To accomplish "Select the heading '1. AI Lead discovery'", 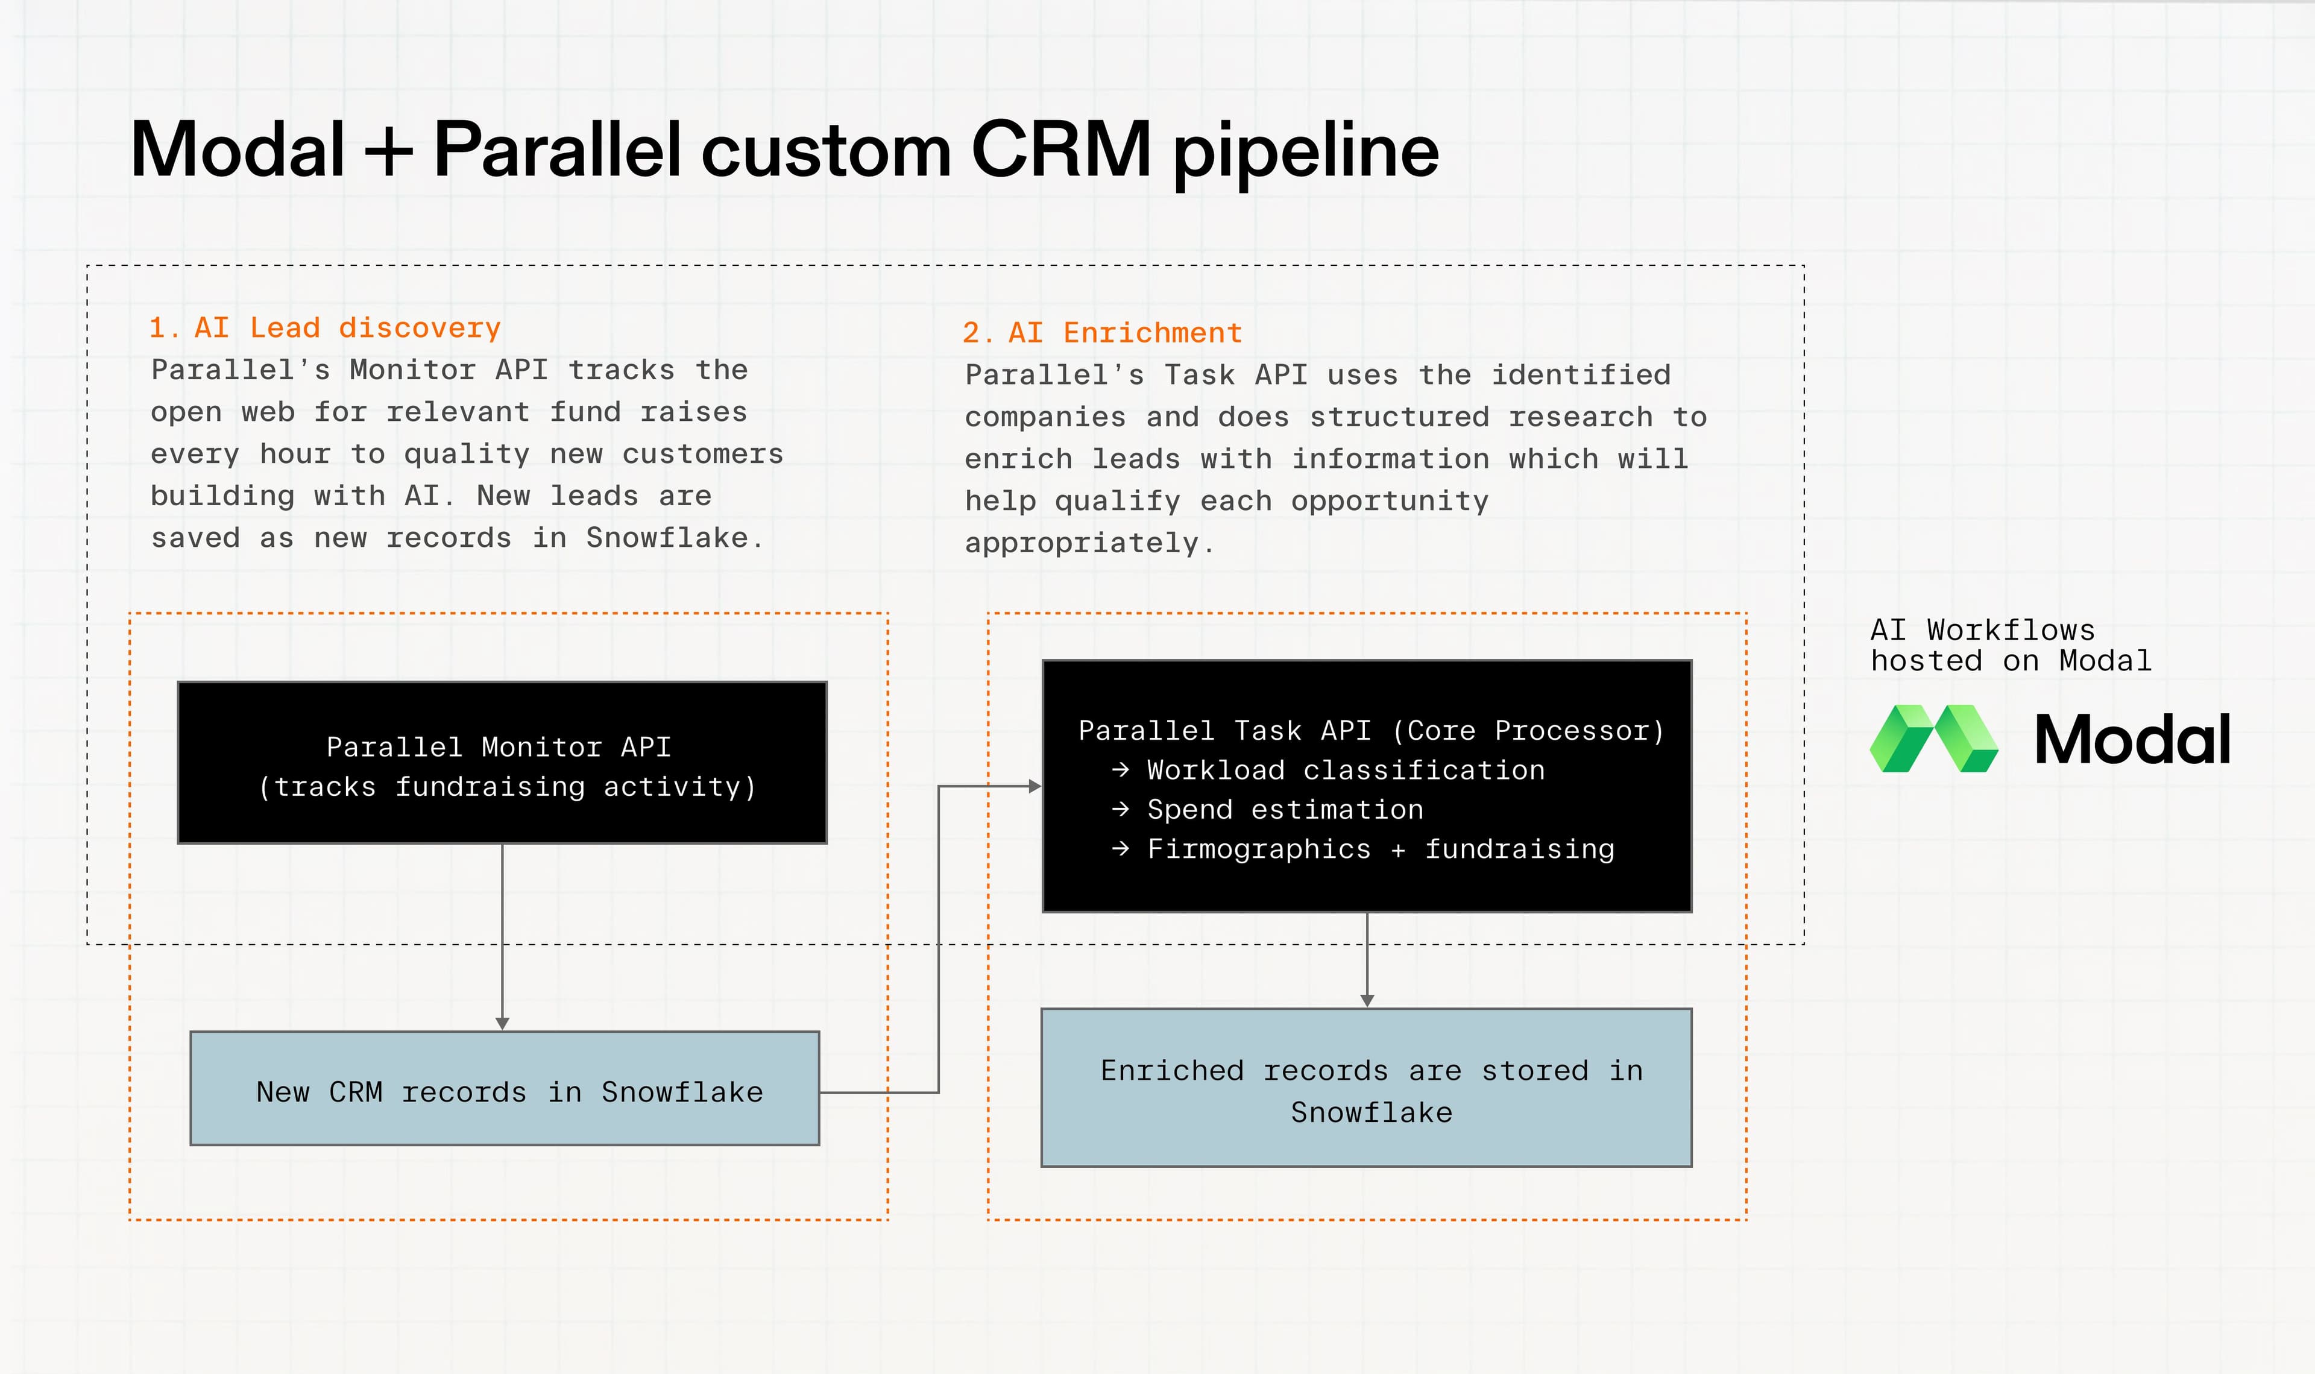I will pyautogui.click(x=325, y=328).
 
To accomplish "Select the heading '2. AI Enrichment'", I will pyautogui.click(x=1101, y=332).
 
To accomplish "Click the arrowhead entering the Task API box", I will pyautogui.click(x=1035, y=786).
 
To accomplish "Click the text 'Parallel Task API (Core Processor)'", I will pyautogui.click(x=1371, y=731).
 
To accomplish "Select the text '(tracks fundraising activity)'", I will pyautogui.click(x=506, y=787).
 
